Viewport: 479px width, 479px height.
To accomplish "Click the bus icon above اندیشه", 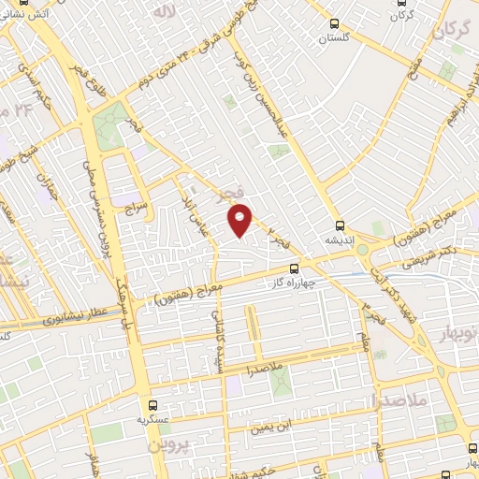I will pyautogui.click(x=341, y=226).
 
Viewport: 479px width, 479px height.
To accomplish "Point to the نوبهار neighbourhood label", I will pyautogui.click(x=457, y=333).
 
